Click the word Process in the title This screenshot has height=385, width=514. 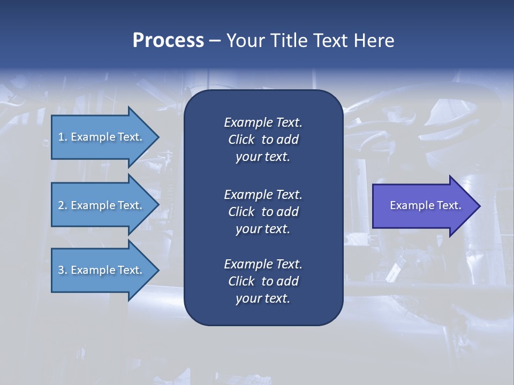(x=168, y=41)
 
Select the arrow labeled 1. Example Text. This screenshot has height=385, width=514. (x=102, y=137)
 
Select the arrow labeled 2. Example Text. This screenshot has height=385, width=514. (x=102, y=205)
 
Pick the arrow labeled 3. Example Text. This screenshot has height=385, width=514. (x=102, y=270)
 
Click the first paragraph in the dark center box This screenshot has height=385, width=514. (x=263, y=140)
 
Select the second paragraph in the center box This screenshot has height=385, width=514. (x=263, y=212)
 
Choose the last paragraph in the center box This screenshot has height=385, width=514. (x=263, y=281)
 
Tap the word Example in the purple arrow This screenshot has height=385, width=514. (x=411, y=205)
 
